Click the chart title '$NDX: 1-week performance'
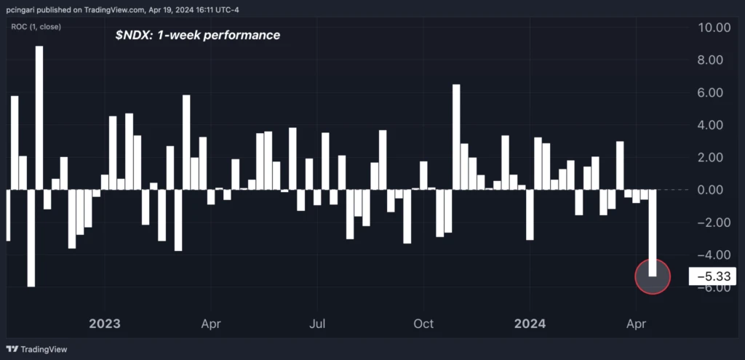tap(197, 35)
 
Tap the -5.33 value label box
tap(712, 276)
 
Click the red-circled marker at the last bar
tap(653, 276)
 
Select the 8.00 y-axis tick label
tap(715, 60)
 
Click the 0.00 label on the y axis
tap(715, 190)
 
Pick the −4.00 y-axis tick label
tap(712, 255)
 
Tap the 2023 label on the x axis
tap(105, 323)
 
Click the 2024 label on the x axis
tap(530, 323)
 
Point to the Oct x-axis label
tap(423, 323)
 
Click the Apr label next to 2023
tap(211, 323)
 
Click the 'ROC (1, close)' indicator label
tap(36, 27)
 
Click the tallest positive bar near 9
tap(39, 116)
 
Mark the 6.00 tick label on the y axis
tap(715, 93)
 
